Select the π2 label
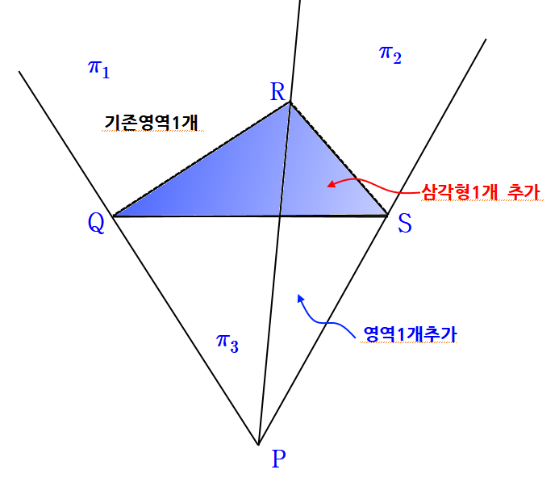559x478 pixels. pyautogui.click(x=390, y=54)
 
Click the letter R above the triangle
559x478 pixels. pyautogui.click(x=277, y=91)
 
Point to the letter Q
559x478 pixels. pyautogui.click(x=96, y=223)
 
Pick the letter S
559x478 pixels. pyautogui.click(x=404, y=224)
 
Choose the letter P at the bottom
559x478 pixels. pyautogui.click(x=278, y=458)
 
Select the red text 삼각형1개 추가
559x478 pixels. pyautogui.click(x=480, y=192)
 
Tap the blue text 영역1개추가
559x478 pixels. pyautogui.click(x=411, y=333)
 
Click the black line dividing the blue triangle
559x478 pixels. pyautogui.click(x=284, y=161)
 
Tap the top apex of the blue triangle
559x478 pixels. pyautogui.click(x=289, y=106)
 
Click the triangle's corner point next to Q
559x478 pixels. pyautogui.click(x=119, y=214)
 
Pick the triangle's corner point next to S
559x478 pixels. pyautogui.click(x=386, y=213)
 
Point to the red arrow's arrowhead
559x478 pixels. pyautogui.click(x=329, y=185)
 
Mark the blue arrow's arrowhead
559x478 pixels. pyautogui.click(x=300, y=296)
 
